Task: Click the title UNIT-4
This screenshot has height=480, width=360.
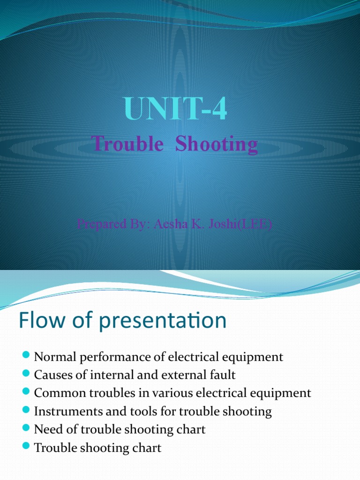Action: point(176,109)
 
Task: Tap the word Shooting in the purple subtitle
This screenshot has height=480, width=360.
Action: point(216,144)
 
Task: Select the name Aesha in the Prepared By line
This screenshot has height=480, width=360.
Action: point(174,224)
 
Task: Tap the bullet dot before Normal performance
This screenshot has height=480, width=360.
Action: point(26,356)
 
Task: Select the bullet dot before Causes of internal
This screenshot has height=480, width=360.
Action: point(26,374)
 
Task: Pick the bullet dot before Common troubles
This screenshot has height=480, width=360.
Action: point(26,392)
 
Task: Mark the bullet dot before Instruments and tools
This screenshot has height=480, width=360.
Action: point(26,411)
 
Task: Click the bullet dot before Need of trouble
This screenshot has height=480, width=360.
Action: point(26,428)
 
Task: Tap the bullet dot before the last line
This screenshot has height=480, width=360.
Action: point(26,447)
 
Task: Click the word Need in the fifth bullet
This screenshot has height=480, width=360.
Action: point(45,429)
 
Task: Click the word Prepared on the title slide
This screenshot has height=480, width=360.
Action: point(98,224)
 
